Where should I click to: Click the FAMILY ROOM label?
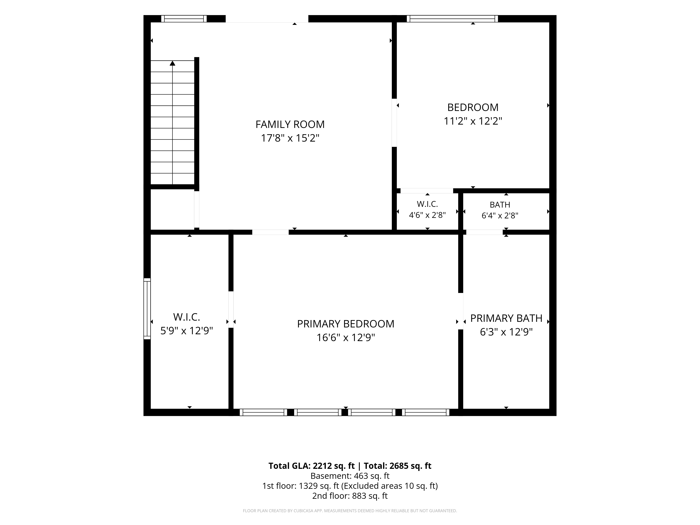point(290,124)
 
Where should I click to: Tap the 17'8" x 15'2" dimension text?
point(290,138)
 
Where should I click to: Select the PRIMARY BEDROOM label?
point(346,324)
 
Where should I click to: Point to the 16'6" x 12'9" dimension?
point(346,338)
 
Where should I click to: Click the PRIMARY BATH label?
point(506,318)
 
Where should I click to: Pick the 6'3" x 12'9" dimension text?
point(506,332)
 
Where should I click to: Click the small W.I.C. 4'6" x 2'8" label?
point(427,209)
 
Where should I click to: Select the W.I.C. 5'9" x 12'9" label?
point(186,324)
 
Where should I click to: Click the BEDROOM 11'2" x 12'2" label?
point(473,114)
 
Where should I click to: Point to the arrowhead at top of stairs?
point(173,63)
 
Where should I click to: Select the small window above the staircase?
point(184,19)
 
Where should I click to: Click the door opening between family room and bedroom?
point(394,123)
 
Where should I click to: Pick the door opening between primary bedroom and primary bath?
point(461,311)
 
